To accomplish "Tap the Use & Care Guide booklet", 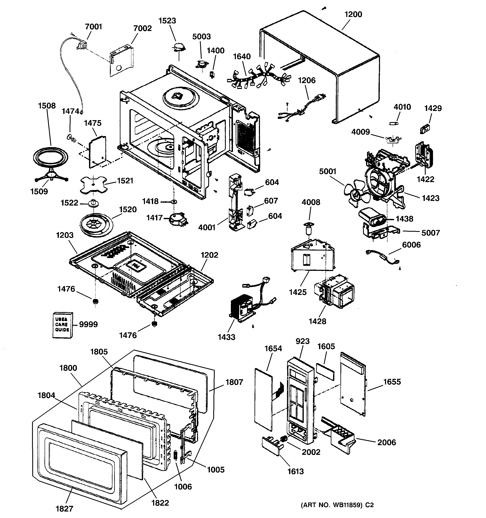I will pos(62,325).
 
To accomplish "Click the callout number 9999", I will pos(88,324).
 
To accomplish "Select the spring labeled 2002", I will pos(284,439).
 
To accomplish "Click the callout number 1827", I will pos(65,508).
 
